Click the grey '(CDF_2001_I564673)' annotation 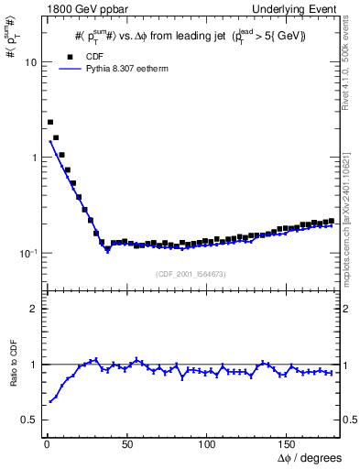coord(190,274)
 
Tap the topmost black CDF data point coord(50,122)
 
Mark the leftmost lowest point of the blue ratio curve coord(50,402)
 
